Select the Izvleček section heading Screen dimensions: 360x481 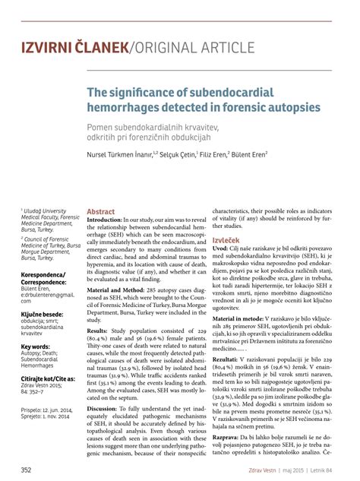coord(226,239)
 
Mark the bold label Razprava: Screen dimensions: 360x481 coord(229,437)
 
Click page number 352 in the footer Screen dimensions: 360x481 coord(27,470)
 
